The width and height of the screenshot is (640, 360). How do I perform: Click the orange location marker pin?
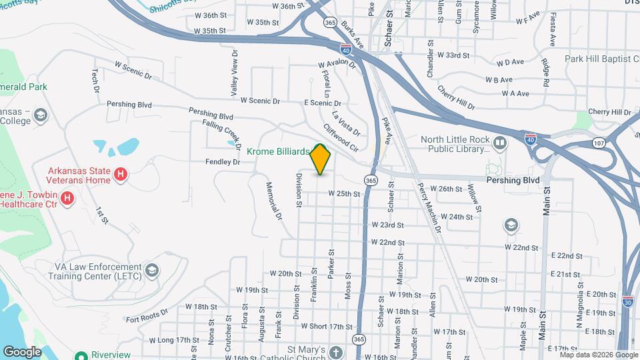[321, 159]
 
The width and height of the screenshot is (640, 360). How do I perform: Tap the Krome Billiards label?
[278, 152]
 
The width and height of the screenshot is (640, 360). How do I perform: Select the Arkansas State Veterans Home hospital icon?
[120, 175]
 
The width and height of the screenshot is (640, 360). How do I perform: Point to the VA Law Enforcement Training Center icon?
[152, 270]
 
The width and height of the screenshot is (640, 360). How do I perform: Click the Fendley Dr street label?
[223, 162]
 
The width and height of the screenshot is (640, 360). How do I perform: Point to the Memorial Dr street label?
[275, 201]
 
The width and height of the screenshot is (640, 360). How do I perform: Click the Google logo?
[22, 351]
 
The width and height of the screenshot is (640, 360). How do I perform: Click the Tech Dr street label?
[96, 81]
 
